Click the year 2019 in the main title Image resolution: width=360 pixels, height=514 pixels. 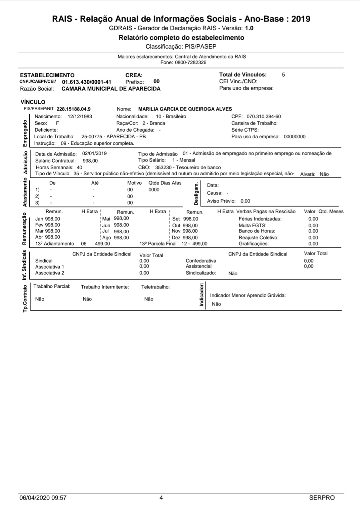click(301, 19)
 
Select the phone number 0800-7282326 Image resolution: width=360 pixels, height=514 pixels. click(190, 62)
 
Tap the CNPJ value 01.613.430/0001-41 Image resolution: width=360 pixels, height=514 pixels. click(87, 82)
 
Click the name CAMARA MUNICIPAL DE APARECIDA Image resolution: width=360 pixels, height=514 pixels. click(111, 89)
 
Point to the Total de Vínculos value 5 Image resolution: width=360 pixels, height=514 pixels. click(283, 75)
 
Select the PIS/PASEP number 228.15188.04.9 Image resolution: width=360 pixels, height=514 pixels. click(74, 109)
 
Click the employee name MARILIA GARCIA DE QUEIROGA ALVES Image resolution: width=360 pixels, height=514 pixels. click(185, 109)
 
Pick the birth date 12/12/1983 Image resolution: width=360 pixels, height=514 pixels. click(80, 116)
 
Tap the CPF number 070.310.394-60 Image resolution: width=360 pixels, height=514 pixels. click(264, 116)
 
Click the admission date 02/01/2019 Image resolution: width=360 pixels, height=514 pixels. click(94, 153)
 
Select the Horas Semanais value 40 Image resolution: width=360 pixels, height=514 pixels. click(79, 167)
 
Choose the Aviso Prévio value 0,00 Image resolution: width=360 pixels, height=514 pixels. click(245, 201)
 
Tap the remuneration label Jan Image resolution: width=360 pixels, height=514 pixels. click(39, 219)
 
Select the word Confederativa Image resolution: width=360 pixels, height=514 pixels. click(201, 261)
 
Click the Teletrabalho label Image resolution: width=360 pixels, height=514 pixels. click(155, 287)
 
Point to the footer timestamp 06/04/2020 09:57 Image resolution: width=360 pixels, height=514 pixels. click(43, 498)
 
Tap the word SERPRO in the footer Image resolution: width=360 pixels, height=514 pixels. click(322, 498)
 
